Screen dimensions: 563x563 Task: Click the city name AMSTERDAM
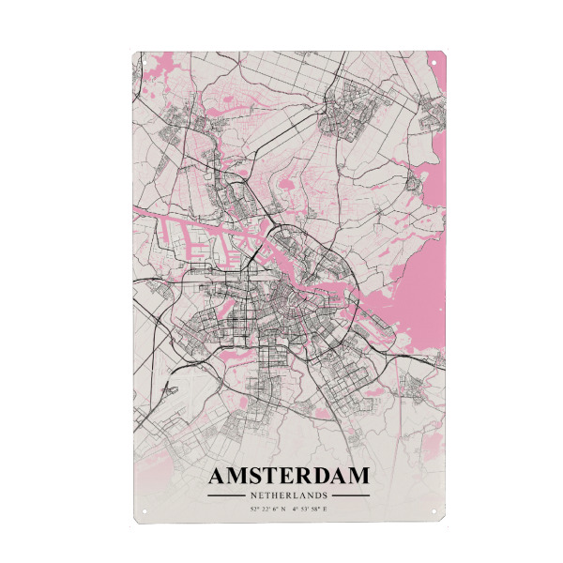(x=288, y=477)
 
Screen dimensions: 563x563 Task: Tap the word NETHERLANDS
(x=288, y=495)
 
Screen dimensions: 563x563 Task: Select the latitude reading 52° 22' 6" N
(x=268, y=510)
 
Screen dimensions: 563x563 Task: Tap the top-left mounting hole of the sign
(x=146, y=64)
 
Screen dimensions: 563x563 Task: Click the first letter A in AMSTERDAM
(x=218, y=477)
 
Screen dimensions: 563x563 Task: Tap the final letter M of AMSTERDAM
(x=357, y=477)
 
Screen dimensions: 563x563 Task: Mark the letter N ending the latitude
(x=284, y=510)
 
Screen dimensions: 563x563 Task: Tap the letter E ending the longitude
(x=326, y=510)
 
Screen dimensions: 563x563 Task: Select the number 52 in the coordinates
(x=253, y=510)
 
